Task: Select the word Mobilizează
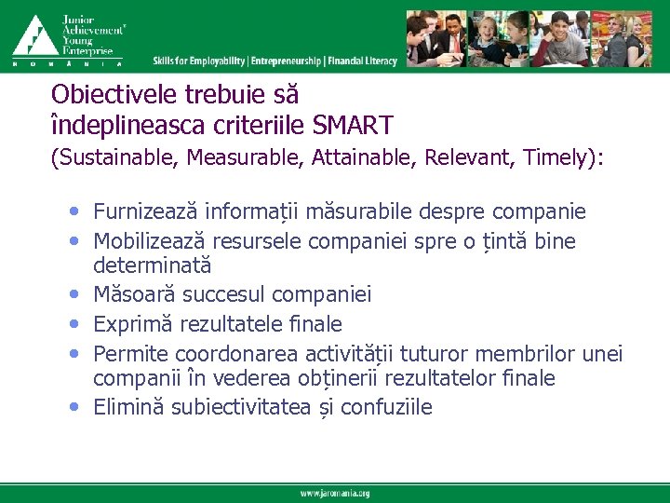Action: pos(151,242)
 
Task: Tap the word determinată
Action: pos(152,265)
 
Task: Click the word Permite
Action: pos(127,355)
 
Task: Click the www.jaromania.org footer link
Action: pos(335,493)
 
